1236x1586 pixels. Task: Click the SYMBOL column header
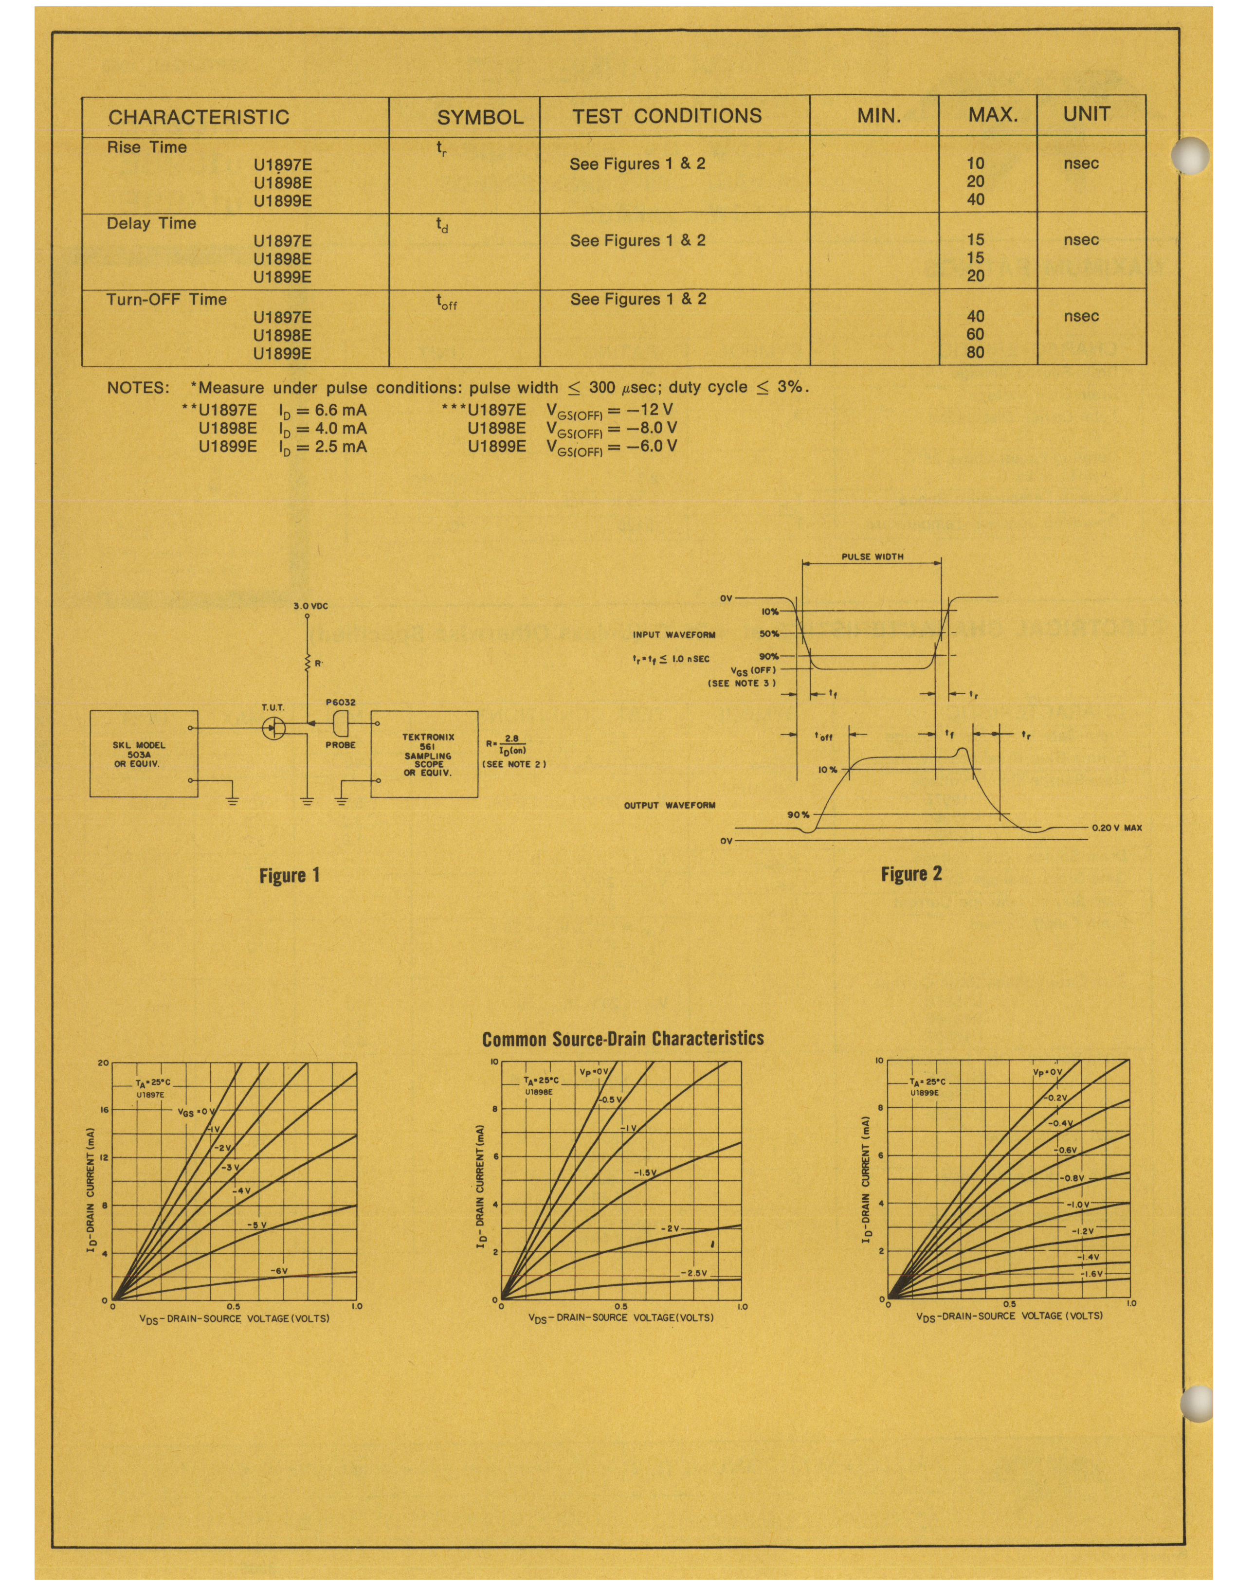point(479,116)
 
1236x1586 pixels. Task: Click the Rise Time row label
point(146,147)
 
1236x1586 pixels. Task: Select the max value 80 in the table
point(975,353)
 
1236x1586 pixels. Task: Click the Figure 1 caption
point(289,875)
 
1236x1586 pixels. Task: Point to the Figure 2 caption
point(911,874)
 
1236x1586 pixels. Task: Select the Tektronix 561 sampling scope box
point(428,755)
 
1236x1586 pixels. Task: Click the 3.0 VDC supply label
point(311,605)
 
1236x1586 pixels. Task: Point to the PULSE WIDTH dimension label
point(872,557)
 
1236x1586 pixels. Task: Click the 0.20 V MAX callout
point(1116,828)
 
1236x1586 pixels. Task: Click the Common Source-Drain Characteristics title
point(622,1039)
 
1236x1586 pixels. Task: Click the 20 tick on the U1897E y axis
point(103,1063)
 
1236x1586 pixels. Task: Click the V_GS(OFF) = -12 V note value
point(611,410)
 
